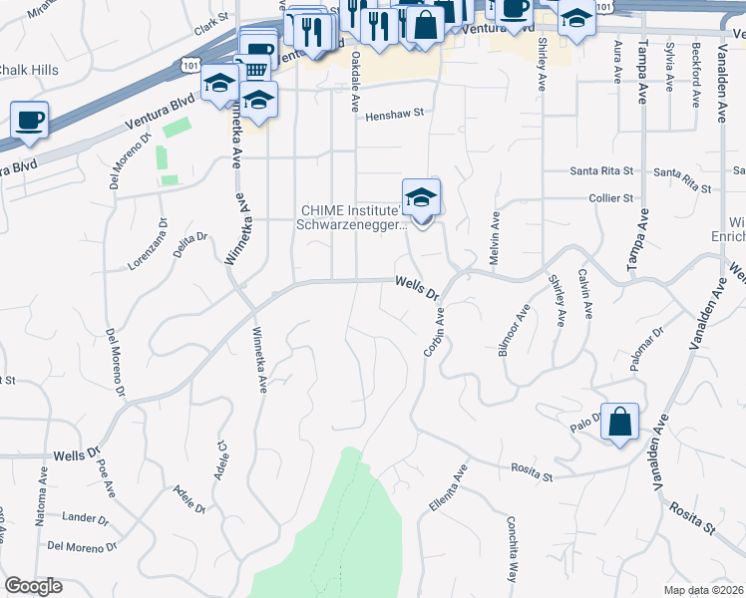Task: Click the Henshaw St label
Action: click(x=395, y=115)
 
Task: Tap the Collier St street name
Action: click(x=612, y=198)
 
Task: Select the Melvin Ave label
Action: click(x=494, y=236)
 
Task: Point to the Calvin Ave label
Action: click(x=585, y=295)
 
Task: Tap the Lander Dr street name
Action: click(x=84, y=517)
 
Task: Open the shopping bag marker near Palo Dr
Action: click(x=619, y=423)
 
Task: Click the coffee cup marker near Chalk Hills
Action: click(x=30, y=121)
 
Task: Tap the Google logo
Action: click(x=33, y=586)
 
